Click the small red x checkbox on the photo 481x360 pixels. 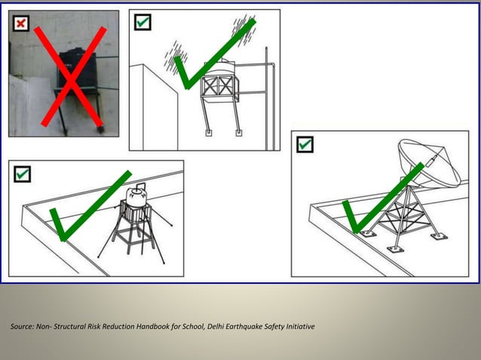pyautogui.click(x=20, y=23)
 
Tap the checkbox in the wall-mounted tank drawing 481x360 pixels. pyautogui.click(x=142, y=23)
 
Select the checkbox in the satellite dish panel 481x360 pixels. pyautogui.click(x=305, y=144)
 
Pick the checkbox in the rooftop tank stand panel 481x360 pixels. pyautogui.click(x=23, y=174)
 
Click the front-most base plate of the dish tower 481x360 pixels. pyautogui.click(x=393, y=248)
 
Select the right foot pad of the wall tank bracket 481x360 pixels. pyautogui.click(x=239, y=133)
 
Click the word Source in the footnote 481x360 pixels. pyautogui.click(x=21, y=326)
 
